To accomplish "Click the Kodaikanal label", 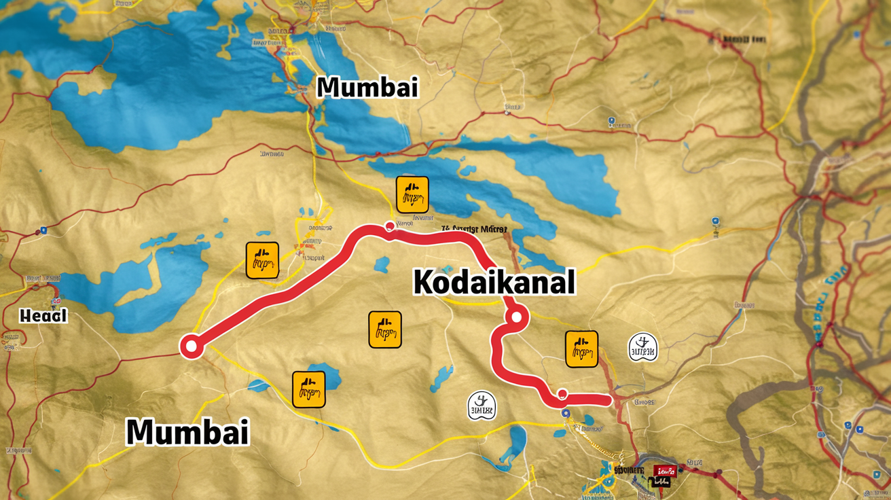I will tap(494, 281).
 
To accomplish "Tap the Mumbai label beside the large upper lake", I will tap(367, 87).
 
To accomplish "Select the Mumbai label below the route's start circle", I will tap(187, 431).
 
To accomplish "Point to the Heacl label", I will tap(44, 315).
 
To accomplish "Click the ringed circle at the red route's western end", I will tap(191, 346).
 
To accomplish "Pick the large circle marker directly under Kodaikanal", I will tap(516, 316).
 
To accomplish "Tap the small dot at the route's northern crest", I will tap(389, 226).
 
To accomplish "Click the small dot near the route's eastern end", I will tap(562, 393).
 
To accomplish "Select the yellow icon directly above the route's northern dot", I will tap(412, 194).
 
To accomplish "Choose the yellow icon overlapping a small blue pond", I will tap(308, 389).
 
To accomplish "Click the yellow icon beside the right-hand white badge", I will tap(581, 349).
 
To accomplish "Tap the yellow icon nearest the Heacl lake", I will tap(262, 260).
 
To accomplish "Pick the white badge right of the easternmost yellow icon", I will tap(642, 346).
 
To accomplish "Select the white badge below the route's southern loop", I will tap(481, 406).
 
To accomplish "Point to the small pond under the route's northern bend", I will tap(382, 264).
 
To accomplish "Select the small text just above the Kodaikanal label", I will tap(473, 230).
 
